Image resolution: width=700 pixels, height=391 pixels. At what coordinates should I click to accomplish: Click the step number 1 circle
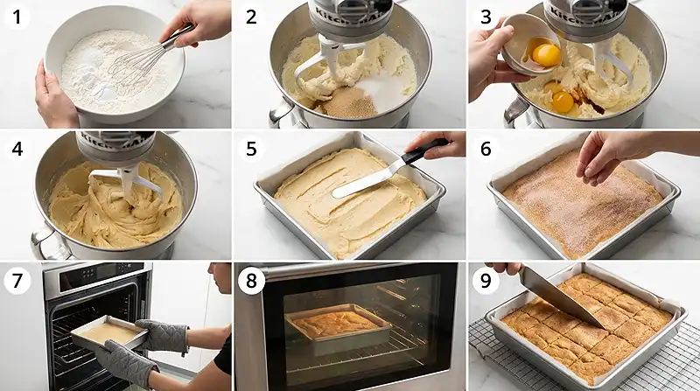click(17, 17)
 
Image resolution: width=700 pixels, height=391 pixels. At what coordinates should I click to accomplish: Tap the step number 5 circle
click(251, 149)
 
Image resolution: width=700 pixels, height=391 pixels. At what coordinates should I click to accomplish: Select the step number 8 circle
click(251, 281)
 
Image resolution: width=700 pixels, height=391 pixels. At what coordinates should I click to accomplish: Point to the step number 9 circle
click(486, 281)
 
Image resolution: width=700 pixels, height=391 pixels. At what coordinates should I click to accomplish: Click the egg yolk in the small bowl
click(546, 54)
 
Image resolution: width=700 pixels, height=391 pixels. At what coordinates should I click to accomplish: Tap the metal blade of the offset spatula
click(365, 182)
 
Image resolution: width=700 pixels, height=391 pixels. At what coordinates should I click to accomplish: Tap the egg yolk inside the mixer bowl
click(563, 101)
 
